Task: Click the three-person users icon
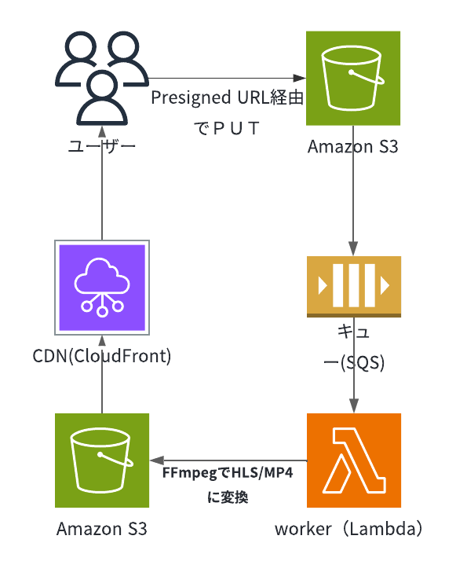(102, 79)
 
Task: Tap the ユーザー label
(102, 146)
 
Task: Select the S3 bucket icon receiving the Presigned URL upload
(353, 79)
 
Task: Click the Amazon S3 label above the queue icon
(353, 147)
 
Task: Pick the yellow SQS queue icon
(354, 287)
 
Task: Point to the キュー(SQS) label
(354, 347)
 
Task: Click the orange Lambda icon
(354, 460)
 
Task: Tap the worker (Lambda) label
(348, 529)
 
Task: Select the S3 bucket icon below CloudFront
(102, 460)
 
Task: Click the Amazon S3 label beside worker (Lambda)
(102, 529)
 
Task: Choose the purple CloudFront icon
(102, 287)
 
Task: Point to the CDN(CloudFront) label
(102, 356)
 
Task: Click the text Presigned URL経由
(227, 97)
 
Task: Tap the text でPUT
(227, 128)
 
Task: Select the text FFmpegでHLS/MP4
(228, 473)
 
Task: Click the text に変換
(228, 497)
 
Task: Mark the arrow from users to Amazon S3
(227, 78)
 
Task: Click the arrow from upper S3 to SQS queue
(353, 191)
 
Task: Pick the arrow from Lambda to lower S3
(228, 460)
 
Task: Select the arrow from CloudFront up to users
(102, 182)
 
